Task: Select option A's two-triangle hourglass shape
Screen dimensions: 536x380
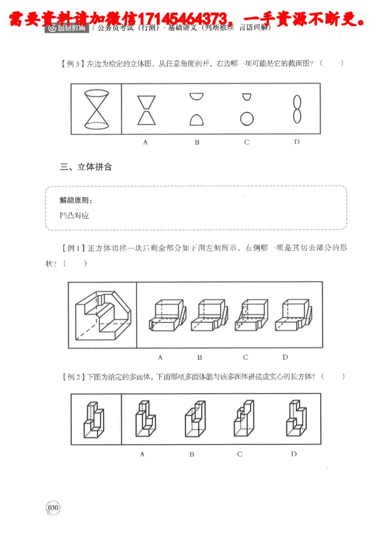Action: tap(146, 110)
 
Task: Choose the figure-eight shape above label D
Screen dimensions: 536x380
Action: tap(297, 109)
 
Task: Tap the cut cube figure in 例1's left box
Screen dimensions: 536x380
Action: tap(103, 315)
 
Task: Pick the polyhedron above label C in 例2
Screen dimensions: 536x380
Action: tap(243, 419)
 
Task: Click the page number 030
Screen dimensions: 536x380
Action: tap(53, 508)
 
